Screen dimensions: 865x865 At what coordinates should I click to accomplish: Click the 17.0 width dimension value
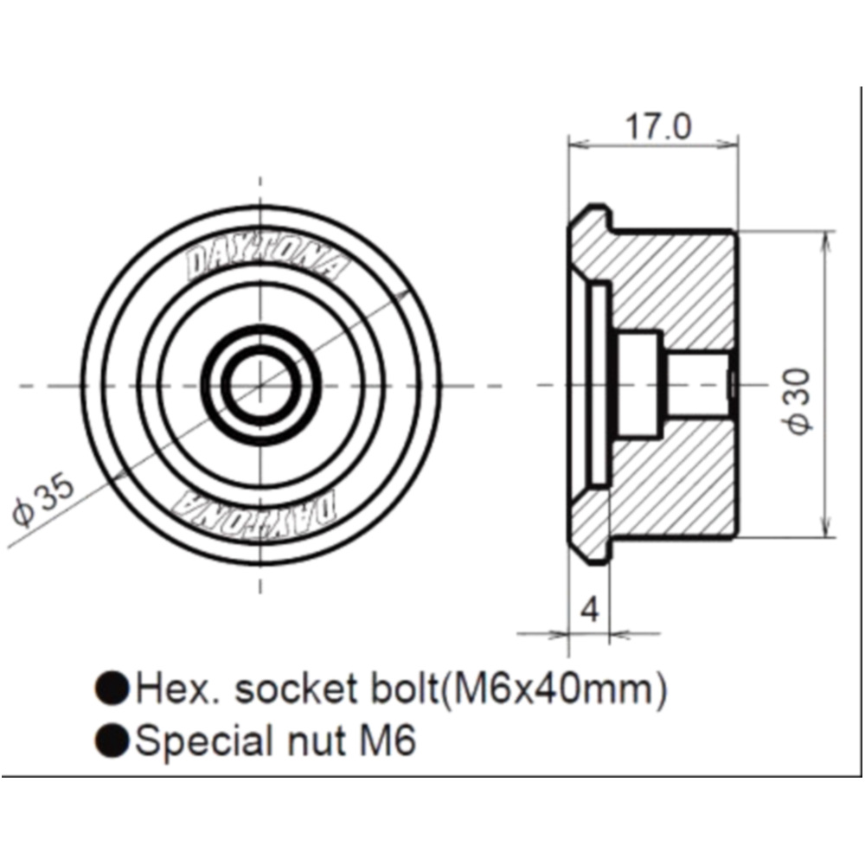657,126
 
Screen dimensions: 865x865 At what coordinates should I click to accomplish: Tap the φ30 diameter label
799,401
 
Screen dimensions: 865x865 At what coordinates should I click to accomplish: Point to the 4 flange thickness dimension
590,610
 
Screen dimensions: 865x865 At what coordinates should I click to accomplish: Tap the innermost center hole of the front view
260,385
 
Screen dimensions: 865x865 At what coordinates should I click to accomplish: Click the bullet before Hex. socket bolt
112,688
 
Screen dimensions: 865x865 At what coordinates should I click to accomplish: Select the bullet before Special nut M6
112,740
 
